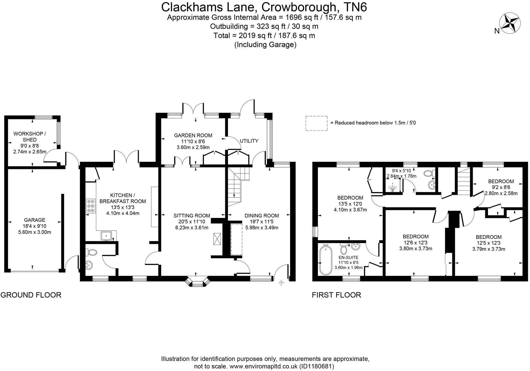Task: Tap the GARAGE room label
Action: click(x=35, y=220)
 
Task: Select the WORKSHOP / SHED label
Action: click(x=29, y=137)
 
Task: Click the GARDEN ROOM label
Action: click(x=193, y=135)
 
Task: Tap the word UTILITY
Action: click(x=249, y=141)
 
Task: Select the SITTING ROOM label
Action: click(x=192, y=216)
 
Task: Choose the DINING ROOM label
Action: click(x=262, y=216)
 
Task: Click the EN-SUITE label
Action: click(x=348, y=257)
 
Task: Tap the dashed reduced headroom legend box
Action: click(x=316, y=123)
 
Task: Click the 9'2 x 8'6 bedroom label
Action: click(x=501, y=187)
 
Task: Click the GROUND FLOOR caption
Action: click(x=31, y=295)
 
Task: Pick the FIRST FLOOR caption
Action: click(x=336, y=295)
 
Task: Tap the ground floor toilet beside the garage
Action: click(x=91, y=252)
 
